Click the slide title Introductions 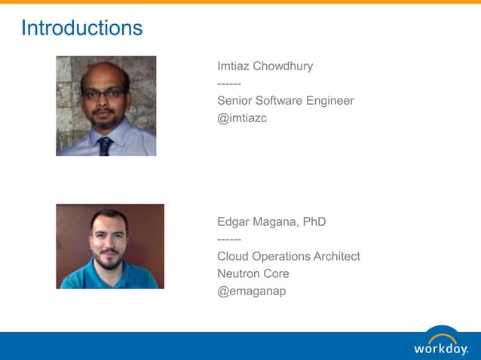pos(81,28)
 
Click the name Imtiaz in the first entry pos(234,66)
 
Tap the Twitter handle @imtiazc pos(242,118)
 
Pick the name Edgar pos(234,222)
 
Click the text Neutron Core pos(253,274)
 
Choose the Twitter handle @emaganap pos(252,291)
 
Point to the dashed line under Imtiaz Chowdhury pos(229,84)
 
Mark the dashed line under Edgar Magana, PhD pos(229,239)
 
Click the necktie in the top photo pos(105,146)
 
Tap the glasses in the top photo pos(104,93)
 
